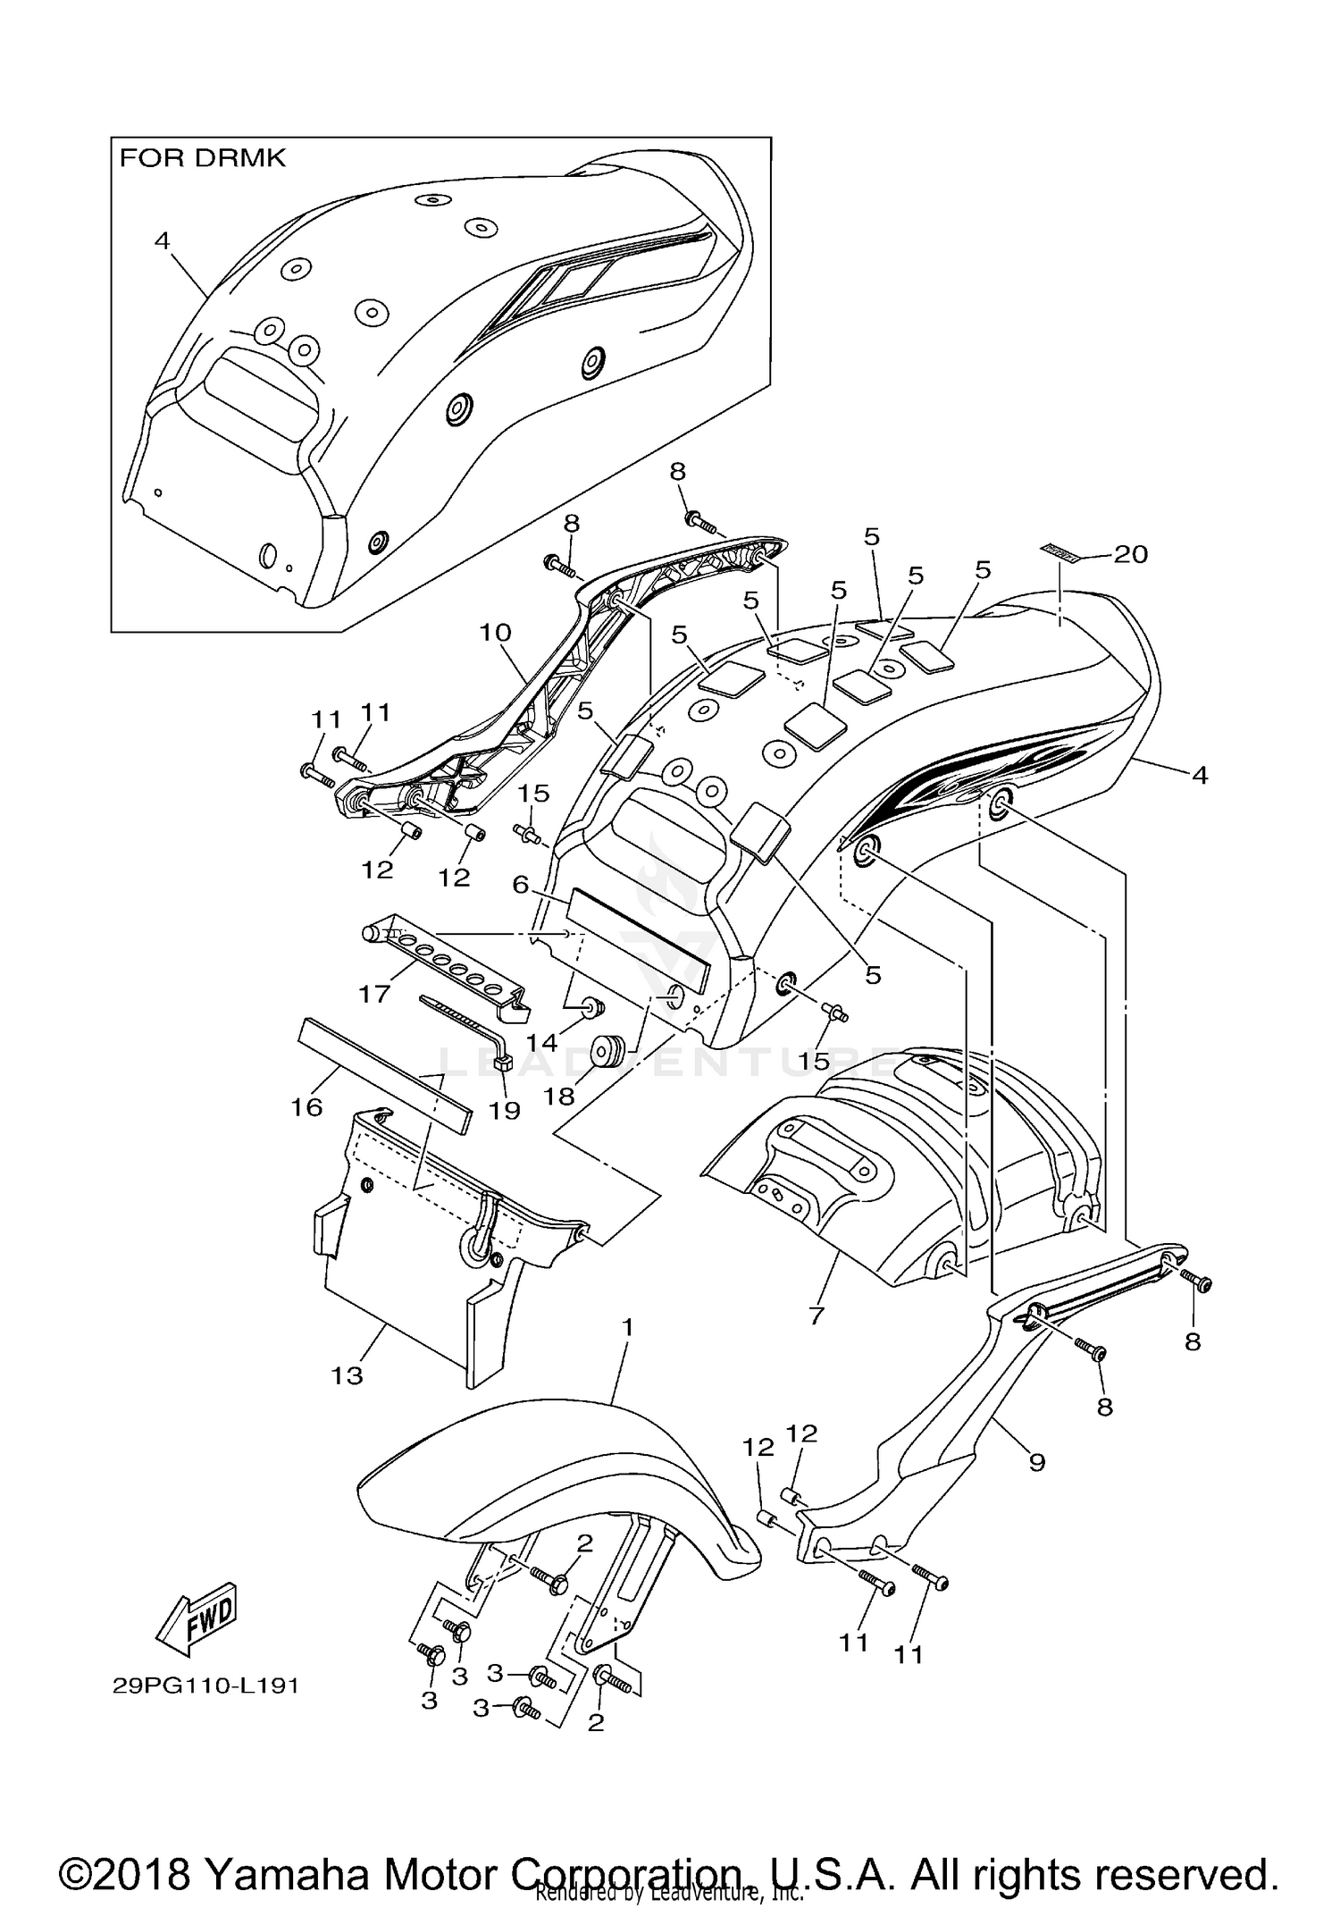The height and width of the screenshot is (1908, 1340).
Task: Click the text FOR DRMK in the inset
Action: point(203,158)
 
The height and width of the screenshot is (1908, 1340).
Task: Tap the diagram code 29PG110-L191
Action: point(205,1685)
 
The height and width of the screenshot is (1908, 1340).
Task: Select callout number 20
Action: point(1130,554)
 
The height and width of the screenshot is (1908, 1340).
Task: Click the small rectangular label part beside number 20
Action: point(1061,551)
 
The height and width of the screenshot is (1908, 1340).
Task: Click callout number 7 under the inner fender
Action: point(816,1315)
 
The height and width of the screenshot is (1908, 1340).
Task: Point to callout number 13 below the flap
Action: point(347,1375)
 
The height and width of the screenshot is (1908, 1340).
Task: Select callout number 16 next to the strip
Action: point(306,1107)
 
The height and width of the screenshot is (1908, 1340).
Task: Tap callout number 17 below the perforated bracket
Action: point(374,993)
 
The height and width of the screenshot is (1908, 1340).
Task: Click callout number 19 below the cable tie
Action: point(504,1110)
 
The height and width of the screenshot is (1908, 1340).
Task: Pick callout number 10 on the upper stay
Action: point(495,633)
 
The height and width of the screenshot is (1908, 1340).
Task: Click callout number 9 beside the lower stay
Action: point(1036,1462)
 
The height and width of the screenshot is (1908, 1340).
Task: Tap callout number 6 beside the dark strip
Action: point(521,884)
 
